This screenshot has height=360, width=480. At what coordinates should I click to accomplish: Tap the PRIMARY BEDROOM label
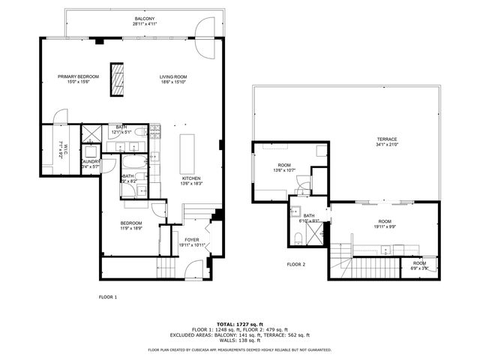tap(79, 78)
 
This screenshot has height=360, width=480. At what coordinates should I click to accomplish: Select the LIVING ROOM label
tap(172, 78)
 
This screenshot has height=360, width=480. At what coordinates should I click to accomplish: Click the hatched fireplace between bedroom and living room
tap(117, 79)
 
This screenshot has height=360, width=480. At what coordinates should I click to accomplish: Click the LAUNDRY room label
tap(89, 163)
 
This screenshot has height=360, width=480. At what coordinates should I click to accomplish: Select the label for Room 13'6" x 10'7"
tap(284, 167)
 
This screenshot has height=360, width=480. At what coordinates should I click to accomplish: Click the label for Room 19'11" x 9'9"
tap(385, 223)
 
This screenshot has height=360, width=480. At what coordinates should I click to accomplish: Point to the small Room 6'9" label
tap(418, 265)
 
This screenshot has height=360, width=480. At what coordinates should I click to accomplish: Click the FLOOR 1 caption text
tap(108, 297)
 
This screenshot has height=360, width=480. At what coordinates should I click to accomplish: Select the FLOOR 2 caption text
tap(296, 265)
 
